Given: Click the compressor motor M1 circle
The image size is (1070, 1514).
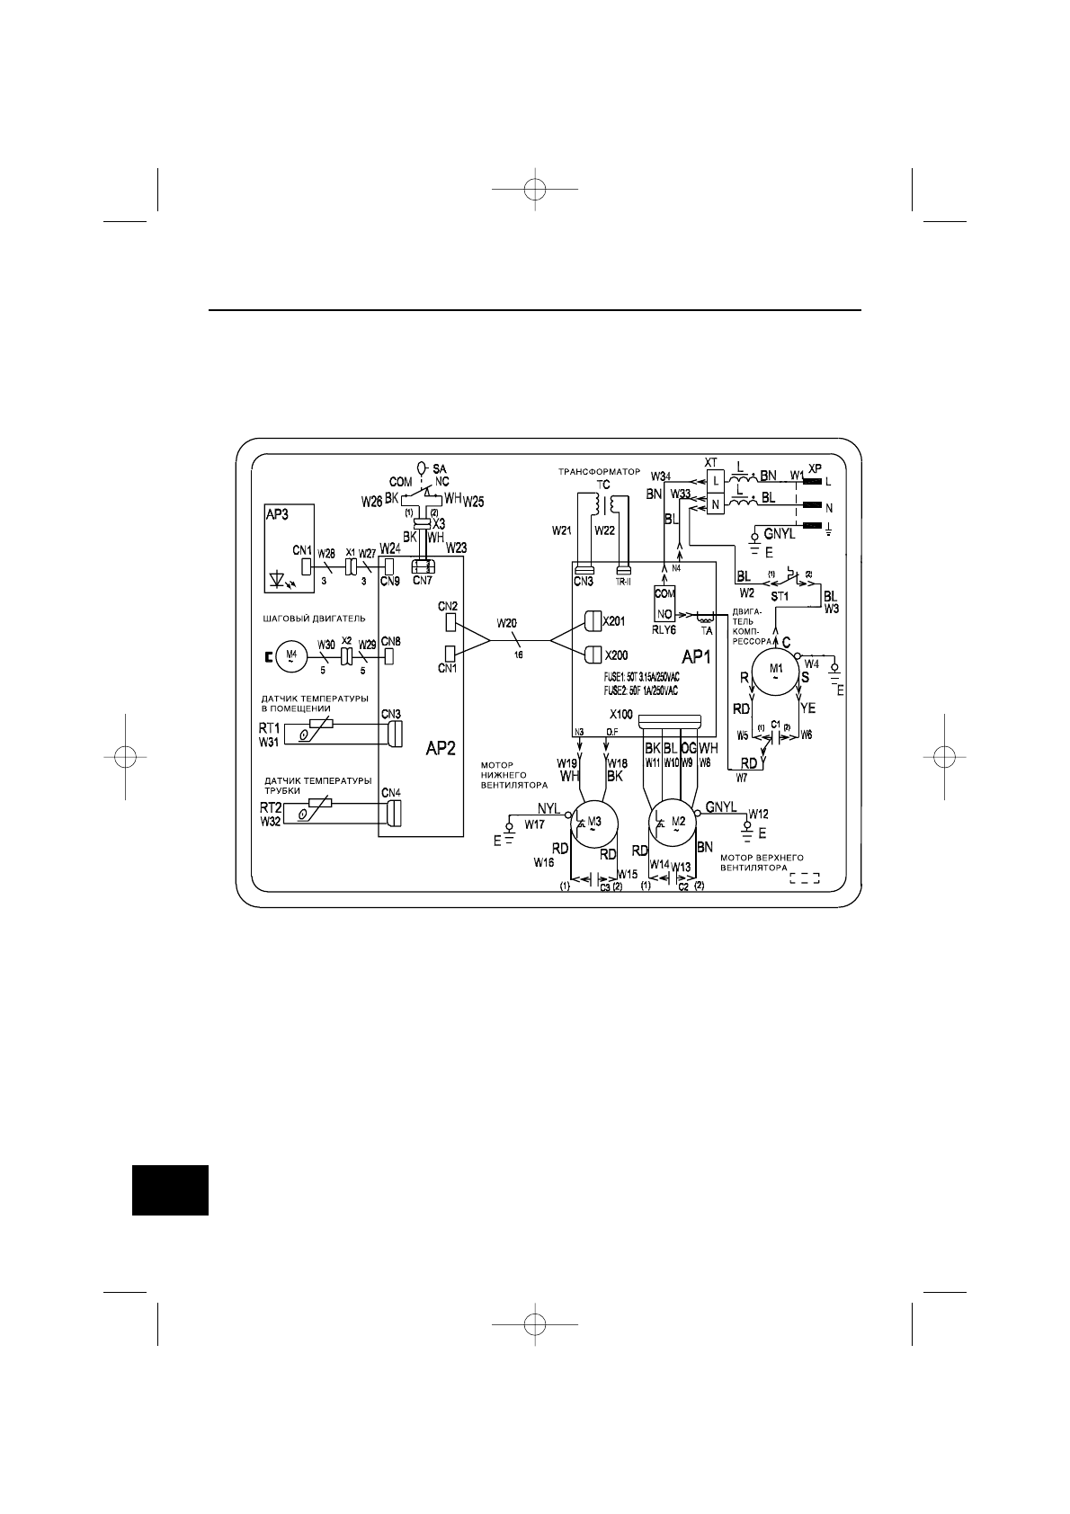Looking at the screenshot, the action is (x=774, y=670).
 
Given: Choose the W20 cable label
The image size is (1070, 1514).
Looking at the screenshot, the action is (x=507, y=623).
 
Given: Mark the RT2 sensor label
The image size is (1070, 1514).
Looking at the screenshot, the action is (x=271, y=808).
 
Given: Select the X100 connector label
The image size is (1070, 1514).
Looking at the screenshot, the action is (x=620, y=714).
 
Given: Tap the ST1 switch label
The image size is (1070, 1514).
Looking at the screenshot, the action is (x=780, y=595).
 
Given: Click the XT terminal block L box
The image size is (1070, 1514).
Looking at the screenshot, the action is (x=715, y=480).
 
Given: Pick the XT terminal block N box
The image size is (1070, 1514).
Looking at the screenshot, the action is (x=715, y=505).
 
